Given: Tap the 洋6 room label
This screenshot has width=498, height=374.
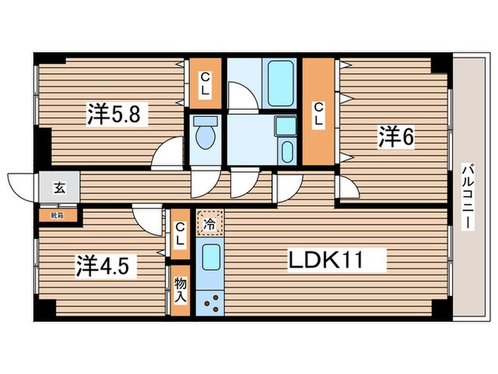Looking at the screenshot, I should (x=396, y=137).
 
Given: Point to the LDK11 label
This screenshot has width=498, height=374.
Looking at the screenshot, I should (x=325, y=260).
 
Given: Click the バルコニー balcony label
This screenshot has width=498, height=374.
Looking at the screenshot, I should (x=467, y=196).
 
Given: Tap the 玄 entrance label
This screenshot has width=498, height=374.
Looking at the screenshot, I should (x=58, y=189).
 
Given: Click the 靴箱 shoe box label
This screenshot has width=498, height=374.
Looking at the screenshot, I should (x=57, y=212).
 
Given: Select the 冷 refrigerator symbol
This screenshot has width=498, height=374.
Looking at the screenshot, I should (x=210, y=222).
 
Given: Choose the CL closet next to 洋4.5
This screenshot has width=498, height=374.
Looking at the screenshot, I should (x=181, y=234).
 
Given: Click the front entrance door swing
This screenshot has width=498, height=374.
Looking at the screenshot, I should (x=23, y=187).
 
